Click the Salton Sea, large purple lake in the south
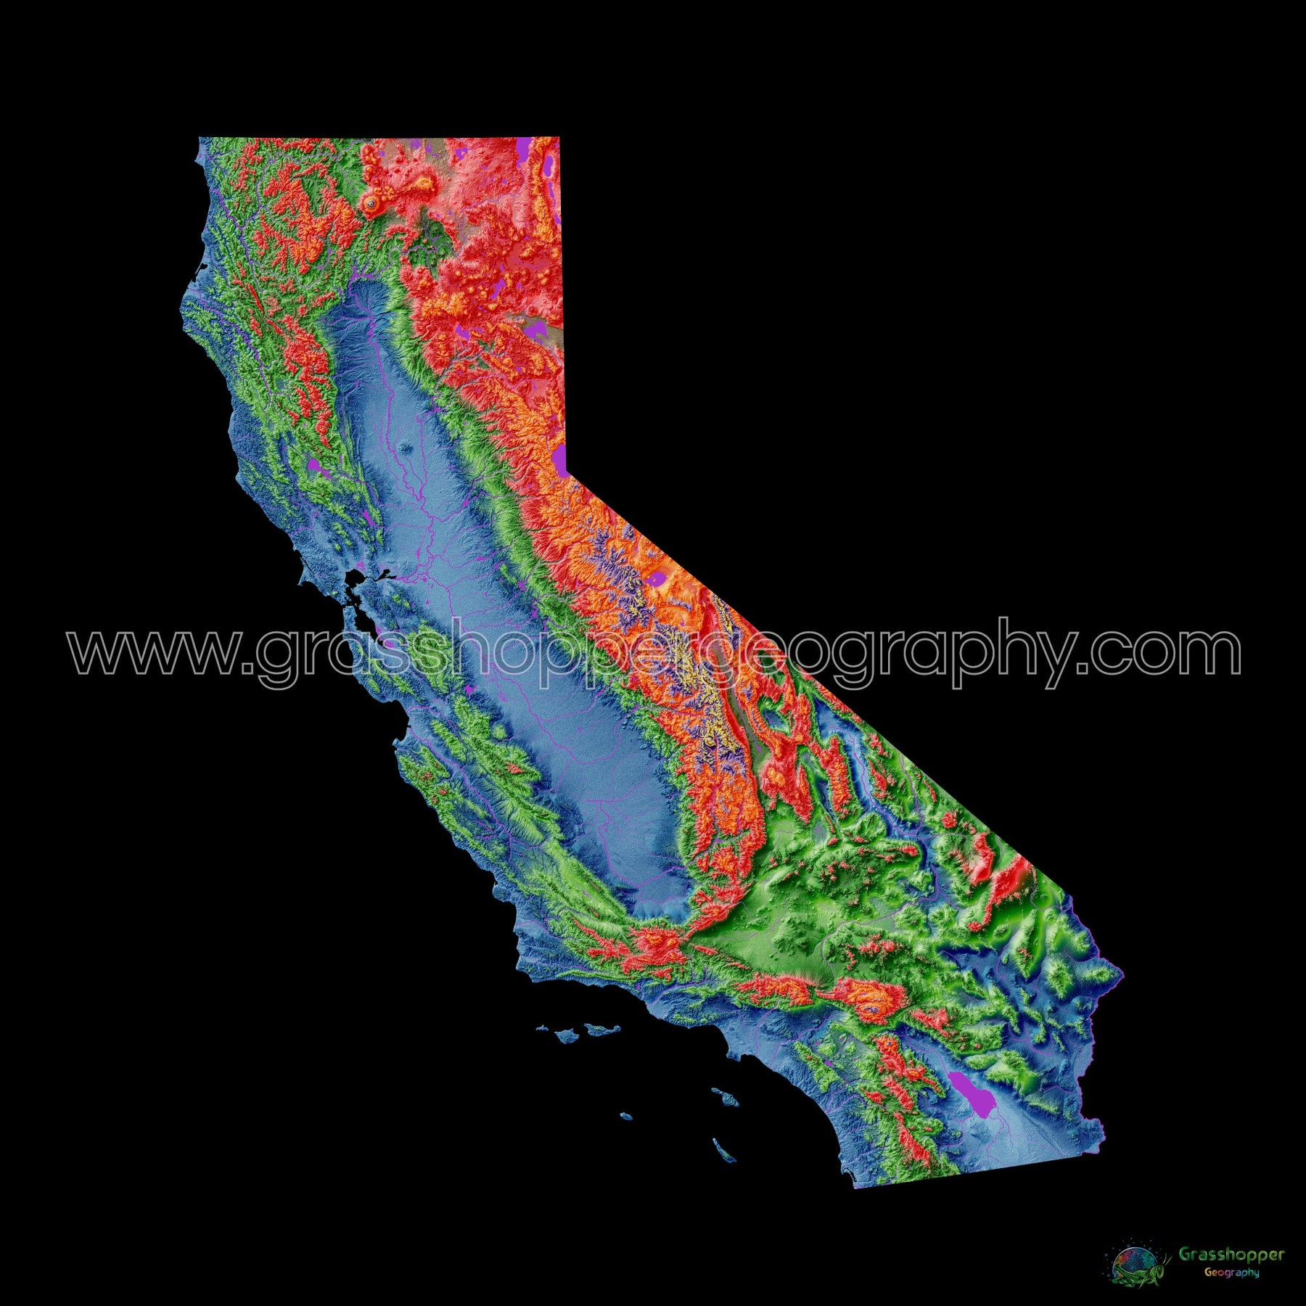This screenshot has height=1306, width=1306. tap(969, 1088)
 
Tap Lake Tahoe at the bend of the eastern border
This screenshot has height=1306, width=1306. tap(559, 459)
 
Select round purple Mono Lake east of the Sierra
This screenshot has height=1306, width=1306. tap(659, 578)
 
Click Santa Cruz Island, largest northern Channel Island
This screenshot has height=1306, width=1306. tap(603, 1028)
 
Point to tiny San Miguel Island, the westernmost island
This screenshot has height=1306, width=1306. tap(542, 1027)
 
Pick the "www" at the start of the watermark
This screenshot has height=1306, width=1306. tap(152, 651)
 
